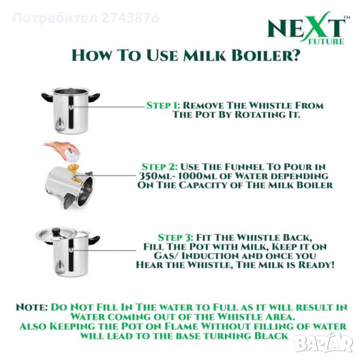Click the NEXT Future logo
(x=308, y=28)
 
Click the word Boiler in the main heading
(x=266, y=56)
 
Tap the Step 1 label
(x=163, y=106)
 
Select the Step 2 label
(x=160, y=167)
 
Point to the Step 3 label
(x=176, y=238)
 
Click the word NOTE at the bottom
(x=32, y=307)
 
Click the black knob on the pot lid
(x=56, y=232)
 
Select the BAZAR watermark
(x=324, y=343)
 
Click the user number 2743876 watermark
(x=130, y=17)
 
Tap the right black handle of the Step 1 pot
(x=94, y=97)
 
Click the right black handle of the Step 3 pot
(x=94, y=241)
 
